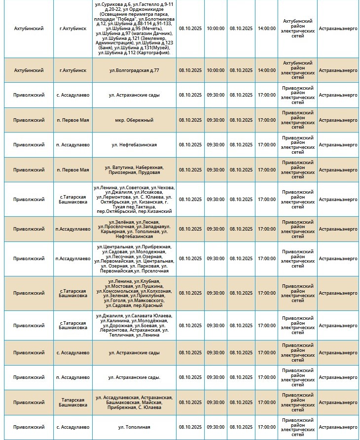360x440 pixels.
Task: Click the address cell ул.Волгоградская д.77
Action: click(134, 70)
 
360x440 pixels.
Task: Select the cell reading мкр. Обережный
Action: click(134, 120)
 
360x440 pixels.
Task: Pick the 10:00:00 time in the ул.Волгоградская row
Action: click(216, 70)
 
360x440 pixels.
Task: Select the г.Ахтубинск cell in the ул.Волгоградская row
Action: click(73, 70)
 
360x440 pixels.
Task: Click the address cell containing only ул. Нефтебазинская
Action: click(134, 145)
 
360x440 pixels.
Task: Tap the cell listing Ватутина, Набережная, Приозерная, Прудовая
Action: click(134, 170)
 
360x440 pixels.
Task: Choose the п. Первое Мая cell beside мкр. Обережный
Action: click(73, 120)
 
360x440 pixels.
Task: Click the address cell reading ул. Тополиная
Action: click(134, 427)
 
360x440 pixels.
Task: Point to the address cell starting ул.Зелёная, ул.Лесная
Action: click(134, 229)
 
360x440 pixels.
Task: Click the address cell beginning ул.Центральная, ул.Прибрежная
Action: click(134, 259)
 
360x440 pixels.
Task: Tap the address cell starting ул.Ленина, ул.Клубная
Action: click(134, 293)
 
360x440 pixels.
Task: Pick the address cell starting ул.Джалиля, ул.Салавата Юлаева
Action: click(134, 326)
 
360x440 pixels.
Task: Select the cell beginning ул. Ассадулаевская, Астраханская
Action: click(134, 402)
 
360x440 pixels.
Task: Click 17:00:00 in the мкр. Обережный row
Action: click(266, 120)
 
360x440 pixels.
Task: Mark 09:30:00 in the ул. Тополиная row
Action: click(216, 427)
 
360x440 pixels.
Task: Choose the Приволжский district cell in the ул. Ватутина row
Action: click(29, 170)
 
